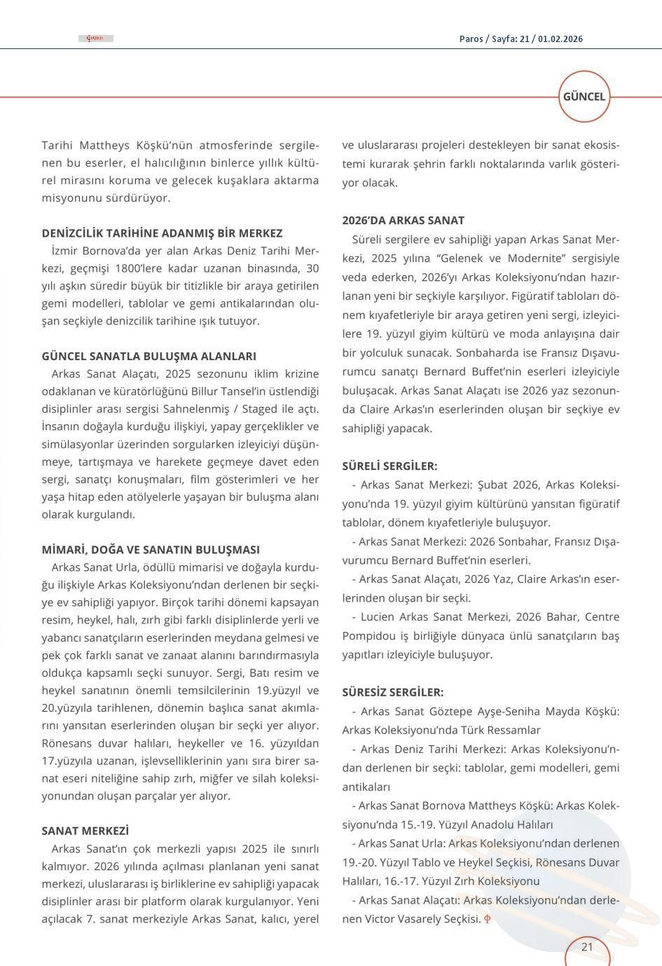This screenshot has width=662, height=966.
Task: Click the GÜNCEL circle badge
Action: point(584,97)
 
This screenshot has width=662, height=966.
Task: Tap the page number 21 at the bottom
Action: point(587,947)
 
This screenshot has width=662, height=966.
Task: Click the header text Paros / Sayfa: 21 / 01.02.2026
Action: point(520,39)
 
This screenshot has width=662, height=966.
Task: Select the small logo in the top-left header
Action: point(95,39)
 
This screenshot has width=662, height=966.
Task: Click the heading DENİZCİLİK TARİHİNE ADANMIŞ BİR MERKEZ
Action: point(162,233)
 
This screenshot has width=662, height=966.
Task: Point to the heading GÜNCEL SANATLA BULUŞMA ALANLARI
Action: point(149,357)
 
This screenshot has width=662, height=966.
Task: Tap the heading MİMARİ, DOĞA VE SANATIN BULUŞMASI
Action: point(151,550)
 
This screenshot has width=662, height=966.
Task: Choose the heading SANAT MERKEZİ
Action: point(85,832)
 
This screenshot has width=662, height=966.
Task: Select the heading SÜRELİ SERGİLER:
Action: point(389,466)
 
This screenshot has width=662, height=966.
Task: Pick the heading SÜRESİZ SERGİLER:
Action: point(392,692)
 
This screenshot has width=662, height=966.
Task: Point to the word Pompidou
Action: point(366,635)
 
